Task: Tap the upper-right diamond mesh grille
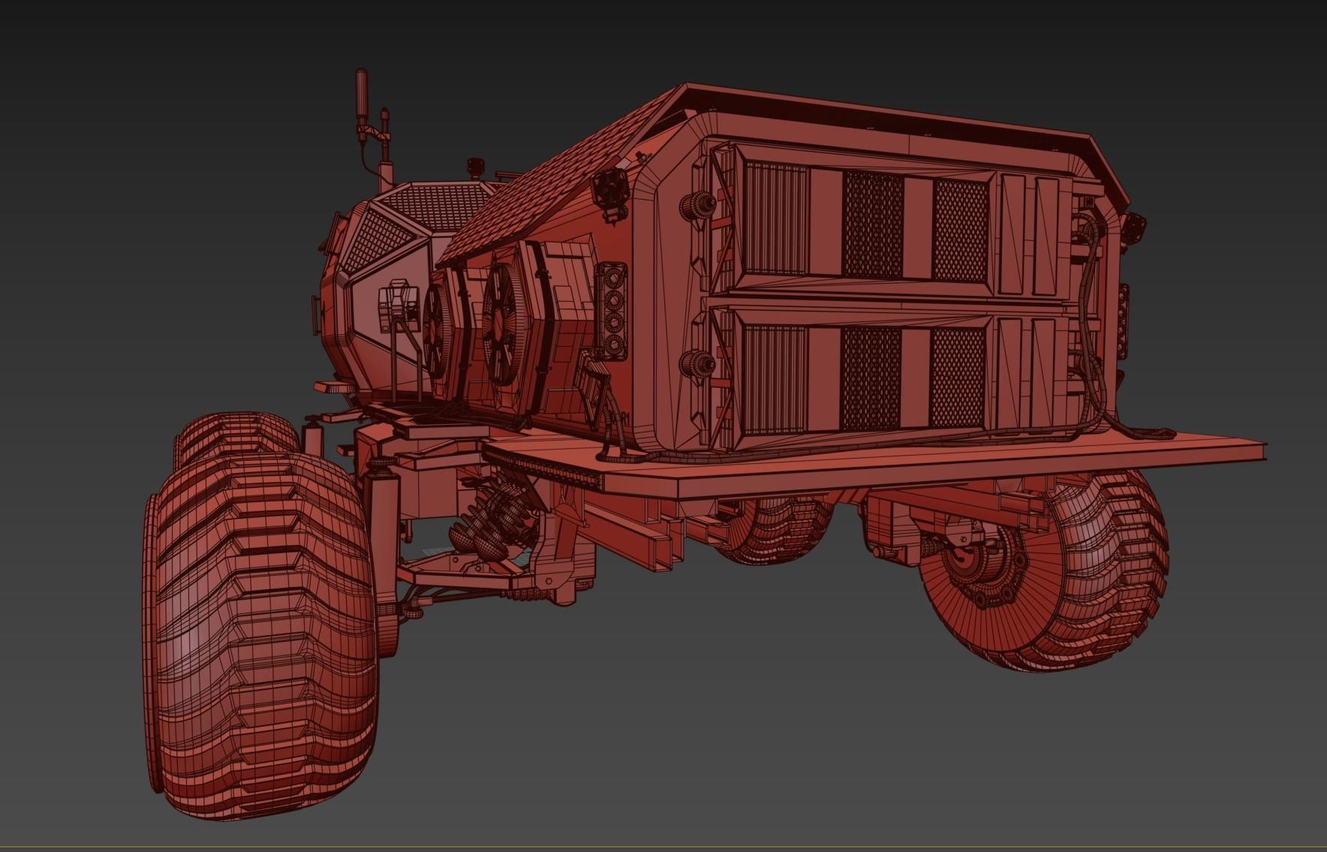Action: tap(959, 230)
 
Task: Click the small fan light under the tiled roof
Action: tap(609, 191)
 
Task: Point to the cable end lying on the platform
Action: tap(1160, 433)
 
